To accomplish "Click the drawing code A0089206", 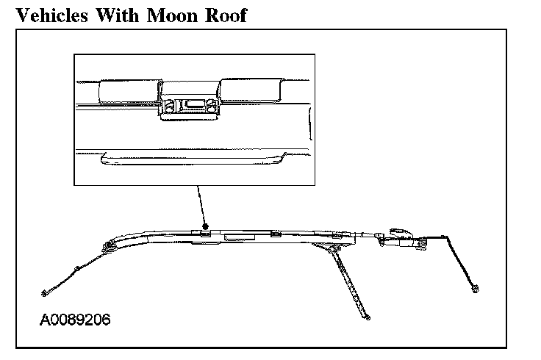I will [76, 321].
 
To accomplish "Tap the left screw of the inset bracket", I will [168, 105].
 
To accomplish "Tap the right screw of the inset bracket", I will [211, 105].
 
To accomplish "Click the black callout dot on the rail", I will [206, 226].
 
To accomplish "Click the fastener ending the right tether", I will [477, 287].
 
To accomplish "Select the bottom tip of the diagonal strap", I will [367, 317].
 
